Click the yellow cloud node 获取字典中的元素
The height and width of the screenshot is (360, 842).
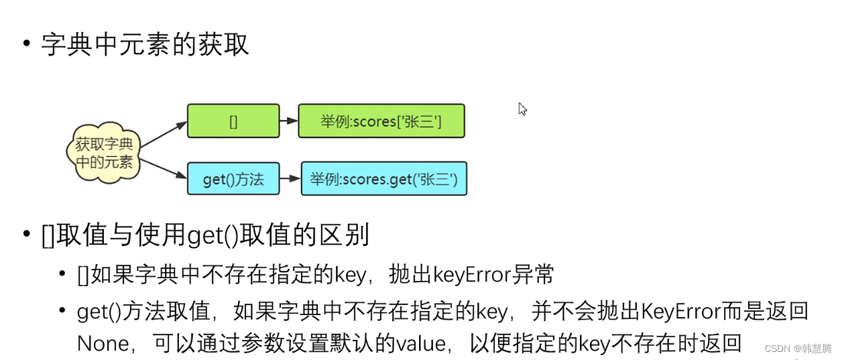pos(104,154)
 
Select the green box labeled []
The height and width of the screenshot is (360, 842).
pos(233,121)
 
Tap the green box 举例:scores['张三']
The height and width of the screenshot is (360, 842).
pos(381,121)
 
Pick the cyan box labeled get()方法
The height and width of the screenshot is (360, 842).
pos(233,179)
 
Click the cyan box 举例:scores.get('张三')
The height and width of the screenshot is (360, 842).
pos(383,179)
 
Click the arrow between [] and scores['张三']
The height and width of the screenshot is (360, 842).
pos(289,121)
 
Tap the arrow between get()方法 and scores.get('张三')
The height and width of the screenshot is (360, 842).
pos(290,179)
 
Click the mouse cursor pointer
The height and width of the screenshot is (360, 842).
pos(522,109)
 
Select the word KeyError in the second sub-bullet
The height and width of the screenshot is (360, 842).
pos(681,310)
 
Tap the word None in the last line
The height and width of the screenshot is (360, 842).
pos(103,343)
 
